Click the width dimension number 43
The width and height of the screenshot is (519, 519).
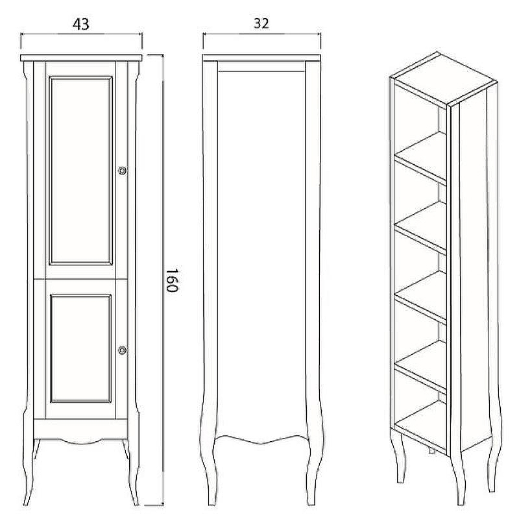(81, 24)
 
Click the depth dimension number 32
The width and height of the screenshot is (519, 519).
(261, 24)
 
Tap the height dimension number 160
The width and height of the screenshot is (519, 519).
(171, 280)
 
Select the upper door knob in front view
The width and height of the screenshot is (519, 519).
(122, 171)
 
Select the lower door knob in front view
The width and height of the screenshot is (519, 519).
(122, 350)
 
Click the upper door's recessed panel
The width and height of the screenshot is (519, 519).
(81, 170)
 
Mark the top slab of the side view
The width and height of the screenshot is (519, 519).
(261, 58)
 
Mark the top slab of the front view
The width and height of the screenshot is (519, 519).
(81, 58)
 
